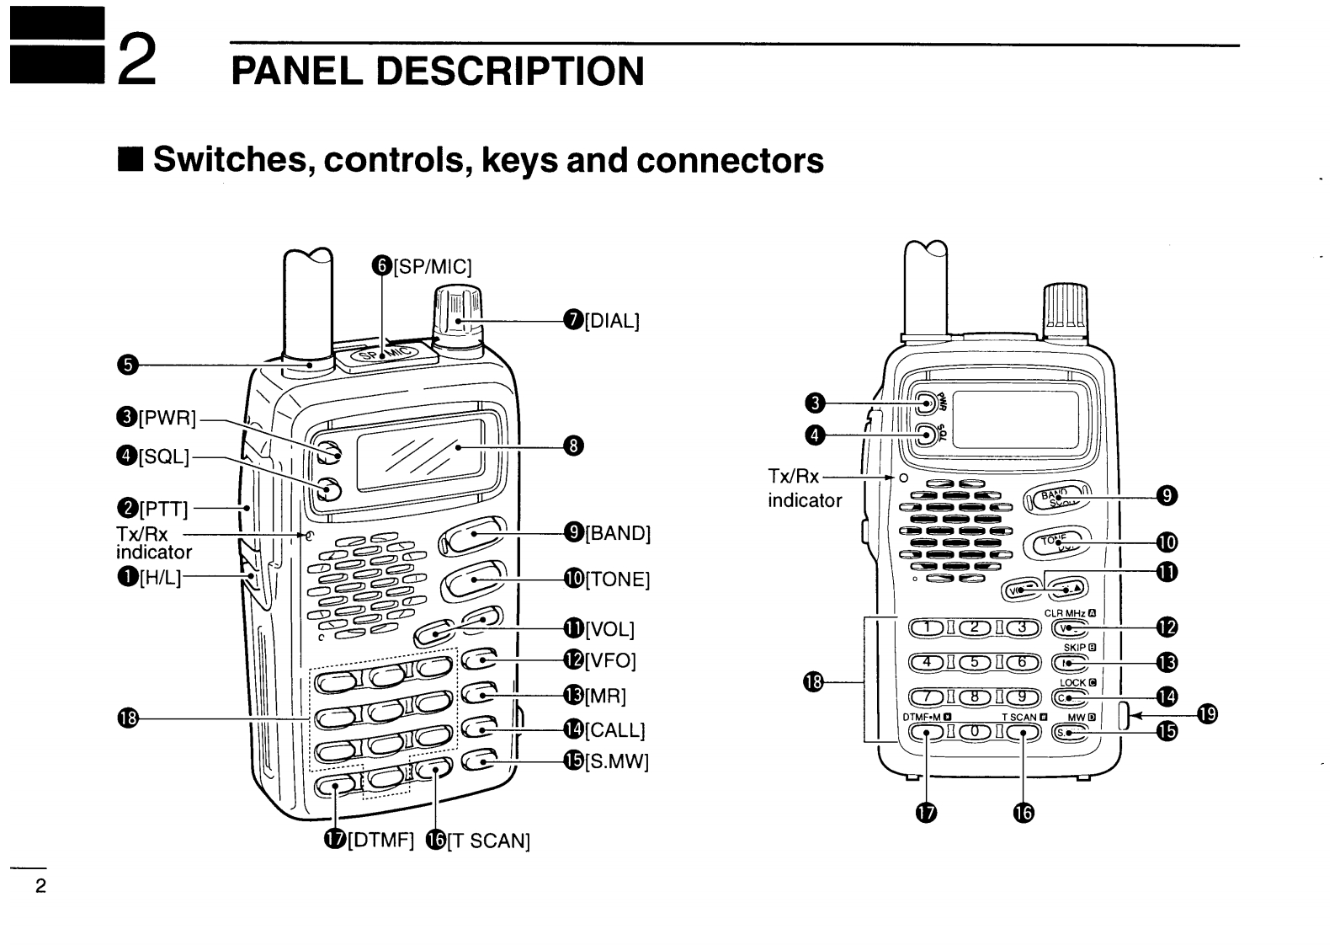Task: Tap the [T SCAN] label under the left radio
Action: pyautogui.click(x=487, y=841)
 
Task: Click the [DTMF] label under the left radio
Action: pyautogui.click(x=380, y=841)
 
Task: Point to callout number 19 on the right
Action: pyautogui.click(x=1207, y=715)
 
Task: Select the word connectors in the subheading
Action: pyautogui.click(x=730, y=159)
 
